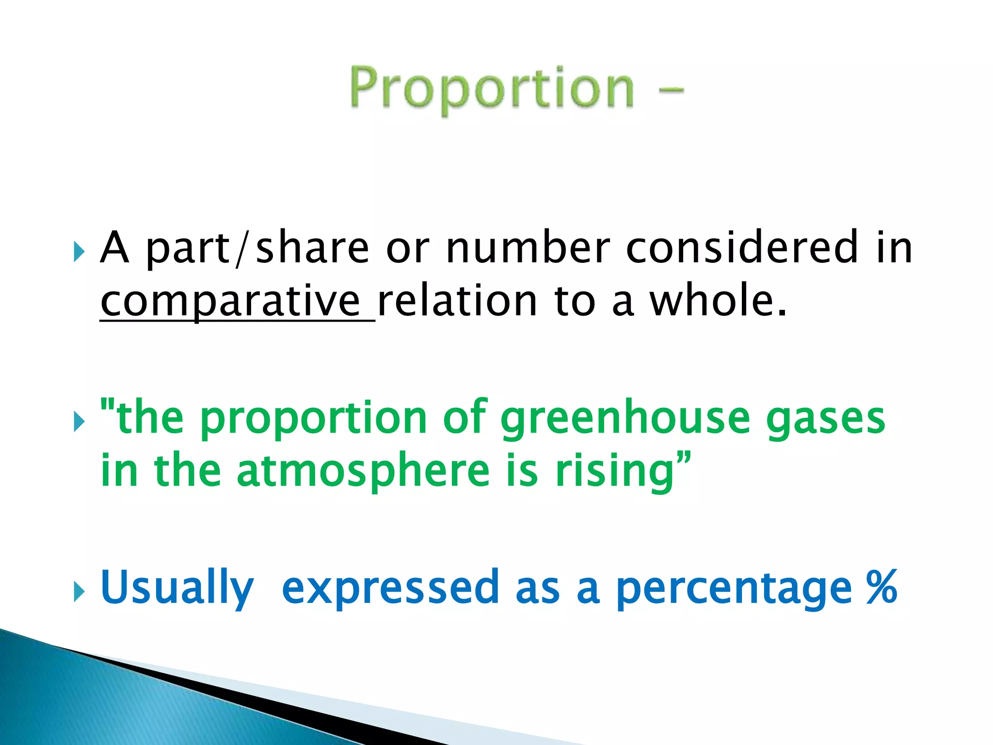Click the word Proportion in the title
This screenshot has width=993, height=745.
(492, 89)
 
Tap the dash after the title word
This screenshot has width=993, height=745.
(672, 90)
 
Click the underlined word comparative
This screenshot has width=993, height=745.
(230, 302)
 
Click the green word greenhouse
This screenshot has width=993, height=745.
(625, 418)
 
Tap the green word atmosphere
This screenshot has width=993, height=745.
(363, 471)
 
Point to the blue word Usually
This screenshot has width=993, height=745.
(177, 588)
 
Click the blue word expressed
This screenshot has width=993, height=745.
(390, 588)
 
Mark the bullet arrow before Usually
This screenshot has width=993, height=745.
(79, 592)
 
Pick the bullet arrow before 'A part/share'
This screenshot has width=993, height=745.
(79, 252)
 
